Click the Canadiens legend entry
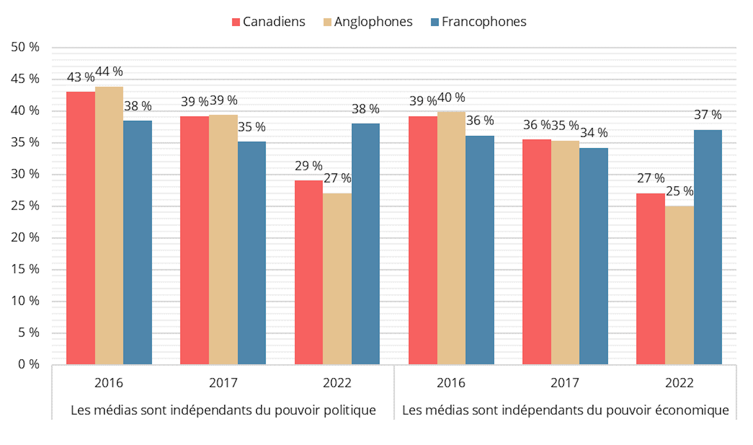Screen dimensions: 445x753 [x=269, y=22]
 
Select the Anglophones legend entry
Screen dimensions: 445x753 [x=368, y=22]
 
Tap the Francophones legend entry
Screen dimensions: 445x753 [x=478, y=22]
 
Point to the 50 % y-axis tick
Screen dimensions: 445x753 [x=25, y=47]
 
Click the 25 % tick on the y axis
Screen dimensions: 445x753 [x=25, y=206]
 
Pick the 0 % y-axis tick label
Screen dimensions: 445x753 [x=28, y=364]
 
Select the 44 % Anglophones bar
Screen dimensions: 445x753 [x=109, y=226]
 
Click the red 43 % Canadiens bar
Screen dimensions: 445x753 [x=80, y=228]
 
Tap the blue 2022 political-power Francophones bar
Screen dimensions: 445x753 [x=366, y=243]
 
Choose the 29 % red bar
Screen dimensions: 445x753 [x=309, y=272]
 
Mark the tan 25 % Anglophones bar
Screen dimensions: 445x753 [x=679, y=285]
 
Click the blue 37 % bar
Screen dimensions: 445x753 [x=708, y=247]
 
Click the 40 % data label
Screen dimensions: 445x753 [x=451, y=97]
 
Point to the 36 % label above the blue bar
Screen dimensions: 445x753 [x=480, y=120]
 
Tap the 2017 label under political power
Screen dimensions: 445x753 [x=223, y=383]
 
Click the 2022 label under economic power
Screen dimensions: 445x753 [x=679, y=383]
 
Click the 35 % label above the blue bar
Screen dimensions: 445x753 [x=251, y=127]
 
